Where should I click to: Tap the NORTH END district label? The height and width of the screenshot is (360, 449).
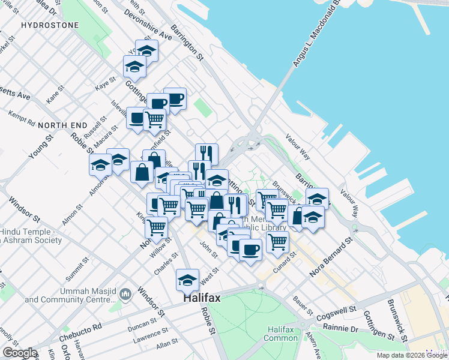click(58, 125)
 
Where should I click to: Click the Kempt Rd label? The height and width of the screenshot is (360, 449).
click(22, 118)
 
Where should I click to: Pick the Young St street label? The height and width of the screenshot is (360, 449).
click(41, 147)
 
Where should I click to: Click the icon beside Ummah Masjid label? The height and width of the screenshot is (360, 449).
click(125, 294)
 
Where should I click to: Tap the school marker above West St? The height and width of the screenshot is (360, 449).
click(187, 279)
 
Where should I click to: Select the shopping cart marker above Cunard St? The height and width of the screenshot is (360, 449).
click(277, 241)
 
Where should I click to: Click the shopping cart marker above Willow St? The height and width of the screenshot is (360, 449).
click(156, 227)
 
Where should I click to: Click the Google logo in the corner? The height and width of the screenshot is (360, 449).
click(20, 353)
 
